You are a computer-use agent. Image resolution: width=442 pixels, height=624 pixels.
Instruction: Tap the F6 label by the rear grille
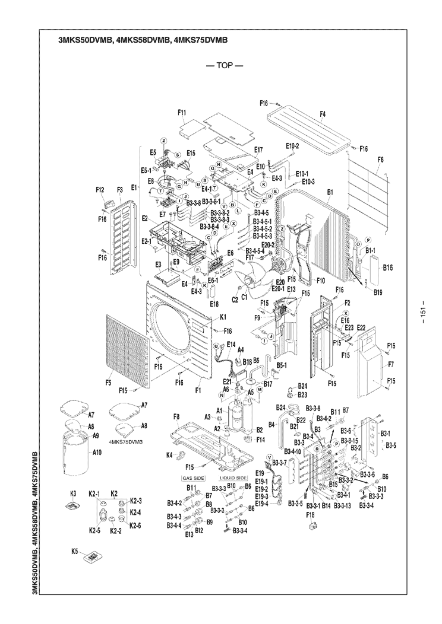click(x=380, y=159)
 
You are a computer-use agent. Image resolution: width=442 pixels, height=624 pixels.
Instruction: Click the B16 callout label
click(x=389, y=268)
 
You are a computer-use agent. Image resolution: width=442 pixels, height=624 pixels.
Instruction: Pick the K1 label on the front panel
click(x=223, y=317)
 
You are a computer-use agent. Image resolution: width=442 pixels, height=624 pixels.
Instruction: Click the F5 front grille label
click(x=109, y=383)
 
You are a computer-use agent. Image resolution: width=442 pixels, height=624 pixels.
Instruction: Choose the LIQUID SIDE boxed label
click(x=233, y=477)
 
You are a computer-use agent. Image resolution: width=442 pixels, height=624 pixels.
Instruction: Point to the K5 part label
click(x=75, y=552)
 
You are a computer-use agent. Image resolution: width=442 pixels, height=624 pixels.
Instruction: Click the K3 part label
click(x=74, y=493)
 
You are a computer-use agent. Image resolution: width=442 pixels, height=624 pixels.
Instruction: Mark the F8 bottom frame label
click(x=176, y=418)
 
